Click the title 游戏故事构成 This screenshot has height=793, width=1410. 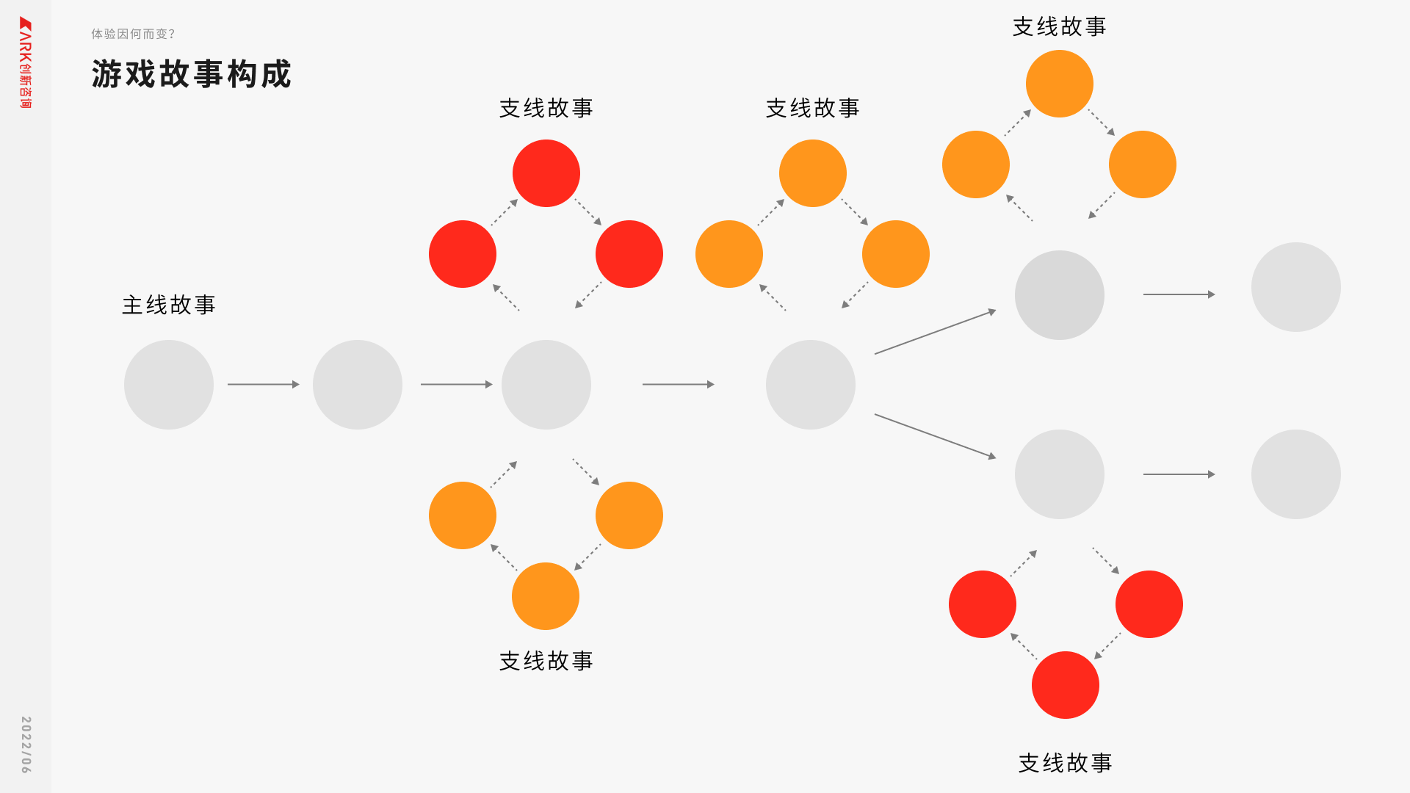pos(192,74)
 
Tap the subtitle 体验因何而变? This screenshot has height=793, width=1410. pos(133,34)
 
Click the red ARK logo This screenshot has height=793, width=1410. pos(26,62)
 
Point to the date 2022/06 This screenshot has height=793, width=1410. pos(26,745)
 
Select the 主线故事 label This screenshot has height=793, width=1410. pos(169,305)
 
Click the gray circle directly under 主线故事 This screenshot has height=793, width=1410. pos(169,385)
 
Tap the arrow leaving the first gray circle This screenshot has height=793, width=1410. pos(263,384)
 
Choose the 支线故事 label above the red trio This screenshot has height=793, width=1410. pos(546,108)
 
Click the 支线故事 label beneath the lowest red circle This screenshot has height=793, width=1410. pos(1065,763)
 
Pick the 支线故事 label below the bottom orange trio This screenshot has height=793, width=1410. pos(546,661)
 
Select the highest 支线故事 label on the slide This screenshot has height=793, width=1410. pos(1059,26)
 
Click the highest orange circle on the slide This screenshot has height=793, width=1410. pos(1059,84)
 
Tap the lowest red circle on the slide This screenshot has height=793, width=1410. pos(1065,685)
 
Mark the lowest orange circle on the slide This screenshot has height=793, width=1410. pos(546,596)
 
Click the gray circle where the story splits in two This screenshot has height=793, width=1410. pos(811,385)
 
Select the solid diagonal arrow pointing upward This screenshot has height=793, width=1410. pos(935,332)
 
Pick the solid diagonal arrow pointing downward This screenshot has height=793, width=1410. pos(935,436)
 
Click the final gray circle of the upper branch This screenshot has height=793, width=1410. pos(1295,287)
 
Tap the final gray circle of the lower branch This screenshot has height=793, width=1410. pos(1295,474)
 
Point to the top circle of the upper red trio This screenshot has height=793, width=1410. pos(546,173)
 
